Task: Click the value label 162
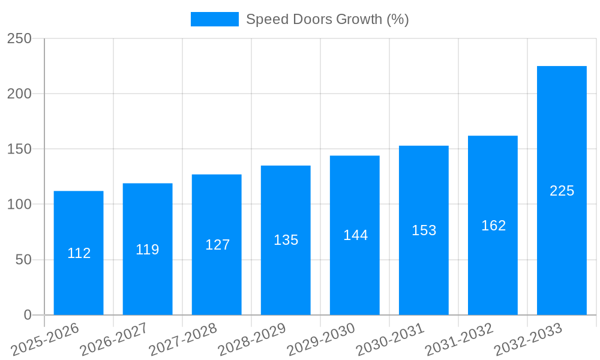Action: click(493, 226)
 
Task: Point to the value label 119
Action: click(148, 250)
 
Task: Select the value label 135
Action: click(286, 240)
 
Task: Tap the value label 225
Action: click(562, 191)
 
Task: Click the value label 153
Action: click(424, 230)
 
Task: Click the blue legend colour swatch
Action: click(214, 19)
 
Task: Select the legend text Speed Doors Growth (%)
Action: click(328, 19)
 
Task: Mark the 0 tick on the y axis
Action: click(28, 315)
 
